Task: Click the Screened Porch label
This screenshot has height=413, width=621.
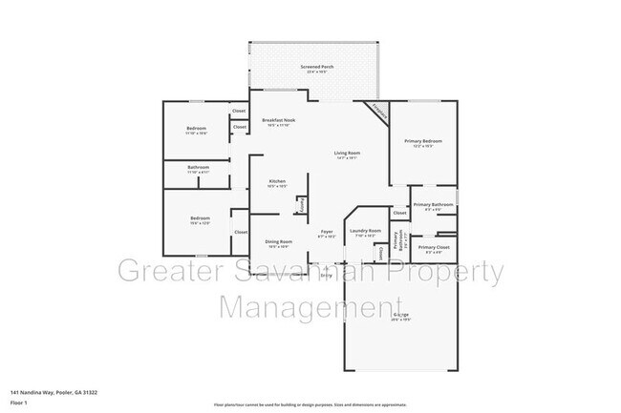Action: (x=315, y=67)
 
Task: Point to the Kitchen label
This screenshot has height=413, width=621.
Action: (x=278, y=180)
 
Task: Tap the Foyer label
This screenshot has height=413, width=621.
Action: (x=327, y=232)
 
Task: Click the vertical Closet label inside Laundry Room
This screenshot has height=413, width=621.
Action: (x=380, y=253)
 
